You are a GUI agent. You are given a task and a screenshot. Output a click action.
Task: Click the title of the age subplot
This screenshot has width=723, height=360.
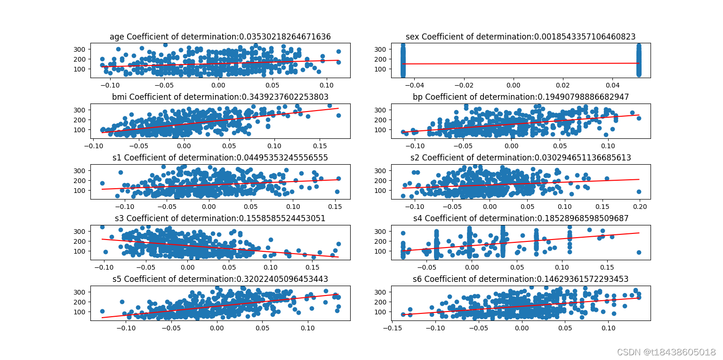click(220, 37)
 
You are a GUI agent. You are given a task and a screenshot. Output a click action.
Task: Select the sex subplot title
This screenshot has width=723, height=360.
click(521, 37)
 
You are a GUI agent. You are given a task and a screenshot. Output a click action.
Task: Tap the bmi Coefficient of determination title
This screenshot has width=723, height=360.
click(220, 97)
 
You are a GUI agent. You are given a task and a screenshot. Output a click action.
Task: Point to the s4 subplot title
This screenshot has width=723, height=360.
click(521, 218)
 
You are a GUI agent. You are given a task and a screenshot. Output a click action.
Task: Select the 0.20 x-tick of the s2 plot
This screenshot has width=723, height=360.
click(639, 207)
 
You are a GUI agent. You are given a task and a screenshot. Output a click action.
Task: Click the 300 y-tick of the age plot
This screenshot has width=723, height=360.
click(81, 49)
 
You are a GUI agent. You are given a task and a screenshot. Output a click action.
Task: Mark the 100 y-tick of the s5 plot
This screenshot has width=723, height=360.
click(81, 312)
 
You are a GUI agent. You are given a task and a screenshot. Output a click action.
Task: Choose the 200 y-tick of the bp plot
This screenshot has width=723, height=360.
click(382, 120)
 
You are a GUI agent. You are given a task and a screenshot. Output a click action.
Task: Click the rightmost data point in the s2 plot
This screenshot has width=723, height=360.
click(639, 192)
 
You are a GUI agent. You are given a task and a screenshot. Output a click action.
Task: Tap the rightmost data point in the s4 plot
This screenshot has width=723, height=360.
click(639, 252)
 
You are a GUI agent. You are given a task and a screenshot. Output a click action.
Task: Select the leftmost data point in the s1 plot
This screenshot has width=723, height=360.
click(102, 183)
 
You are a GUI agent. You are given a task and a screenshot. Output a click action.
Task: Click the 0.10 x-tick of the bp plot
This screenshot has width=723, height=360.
click(608, 146)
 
